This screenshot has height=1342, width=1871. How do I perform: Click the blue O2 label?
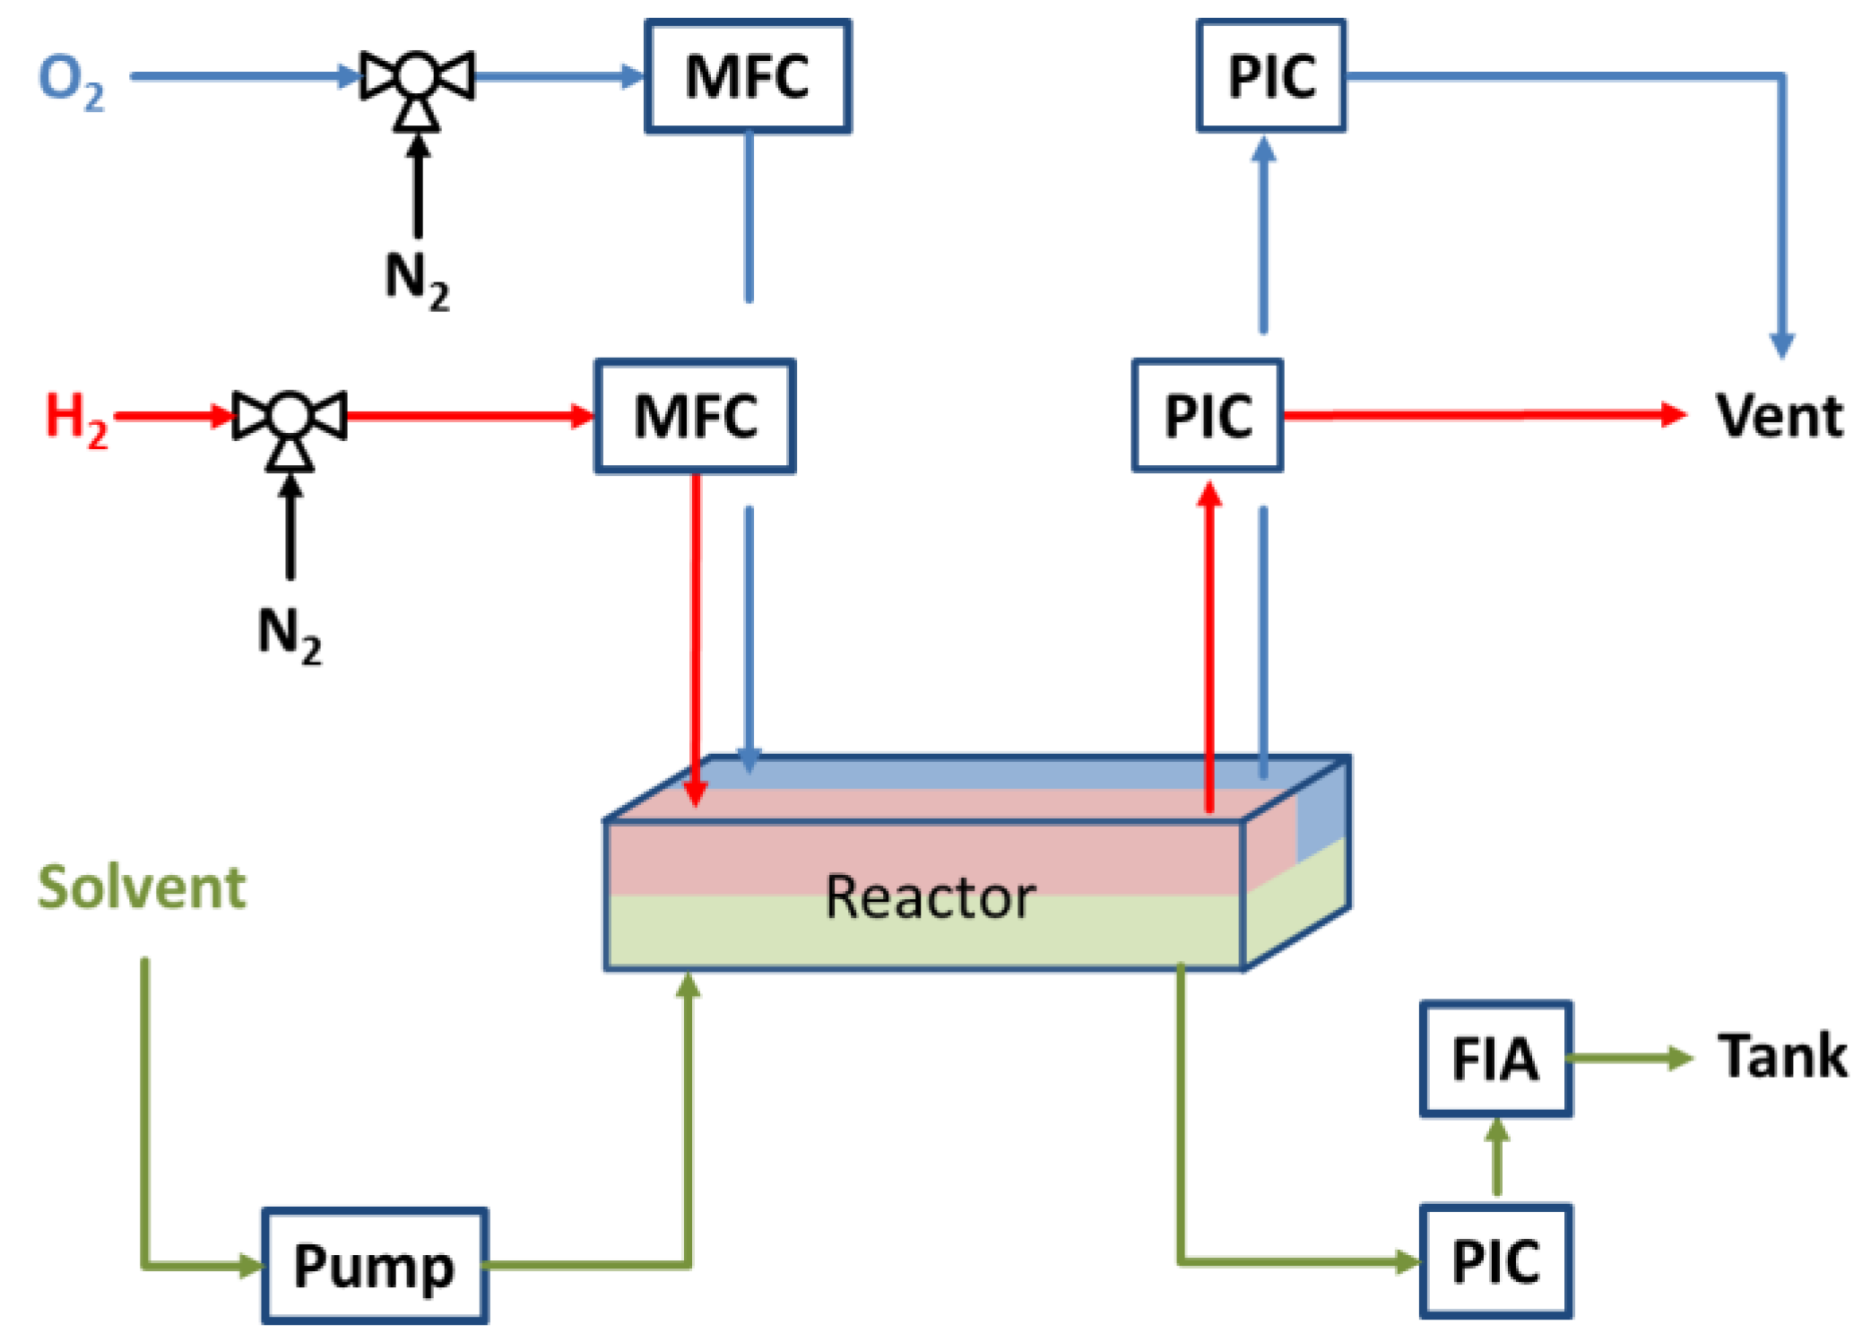tap(70, 81)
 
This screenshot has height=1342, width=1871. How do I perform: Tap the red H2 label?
tap(76, 418)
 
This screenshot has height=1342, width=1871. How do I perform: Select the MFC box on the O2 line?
tap(747, 77)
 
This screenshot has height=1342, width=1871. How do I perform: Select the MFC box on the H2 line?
tap(695, 416)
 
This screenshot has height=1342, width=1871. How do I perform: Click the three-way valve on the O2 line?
tap(417, 77)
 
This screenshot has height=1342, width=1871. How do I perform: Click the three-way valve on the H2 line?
tap(289, 416)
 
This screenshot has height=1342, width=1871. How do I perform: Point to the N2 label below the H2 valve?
tap(289, 635)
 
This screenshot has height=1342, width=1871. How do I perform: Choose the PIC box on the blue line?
tap(1270, 77)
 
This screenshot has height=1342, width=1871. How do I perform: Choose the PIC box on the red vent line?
tap(1207, 416)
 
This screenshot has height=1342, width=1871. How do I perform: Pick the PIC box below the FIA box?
tap(1494, 1261)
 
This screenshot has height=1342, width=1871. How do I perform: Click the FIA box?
tap(1494, 1059)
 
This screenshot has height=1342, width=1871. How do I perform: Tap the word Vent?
tap(1779, 417)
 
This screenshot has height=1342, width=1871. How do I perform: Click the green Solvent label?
tap(142, 887)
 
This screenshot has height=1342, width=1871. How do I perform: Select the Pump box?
tap(374, 1266)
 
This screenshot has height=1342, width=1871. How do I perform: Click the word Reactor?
tap(930, 897)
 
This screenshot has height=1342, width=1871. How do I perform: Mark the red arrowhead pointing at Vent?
tap(1672, 414)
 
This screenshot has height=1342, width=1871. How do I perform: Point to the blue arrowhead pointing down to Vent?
tap(1781, 345)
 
